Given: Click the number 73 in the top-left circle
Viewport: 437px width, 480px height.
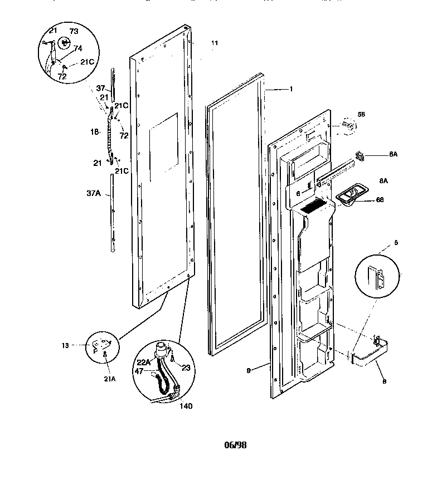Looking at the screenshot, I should (x=74, y=31).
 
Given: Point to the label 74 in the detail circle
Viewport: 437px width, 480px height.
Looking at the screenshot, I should (x=77, y=48).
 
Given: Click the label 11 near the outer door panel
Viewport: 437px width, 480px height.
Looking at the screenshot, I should (x=215, y=43).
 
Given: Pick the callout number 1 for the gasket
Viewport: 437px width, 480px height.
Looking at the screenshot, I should (x=290, y=89).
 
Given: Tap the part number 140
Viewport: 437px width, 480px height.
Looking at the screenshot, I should (x=186, y=406).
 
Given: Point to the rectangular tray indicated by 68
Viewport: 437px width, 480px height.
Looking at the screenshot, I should (x=348, y=195).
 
